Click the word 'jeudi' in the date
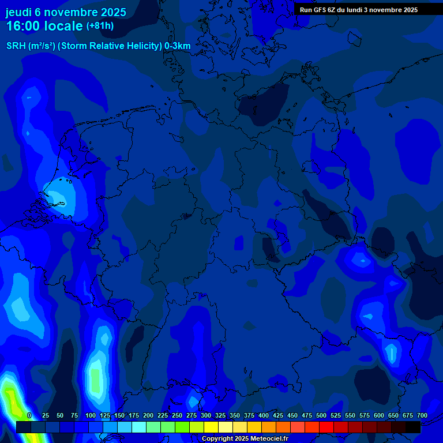point(18,12)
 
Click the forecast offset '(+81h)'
point(100,26)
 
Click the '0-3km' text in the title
point(178,46)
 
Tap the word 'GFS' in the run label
point(320,10)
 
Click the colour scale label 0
point(29,415)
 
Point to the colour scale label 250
point(177,415)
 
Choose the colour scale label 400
point(264,415)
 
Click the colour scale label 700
point(422,415)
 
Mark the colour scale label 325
point(220,415)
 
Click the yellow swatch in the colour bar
point(211,427)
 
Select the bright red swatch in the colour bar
point(326,427)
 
